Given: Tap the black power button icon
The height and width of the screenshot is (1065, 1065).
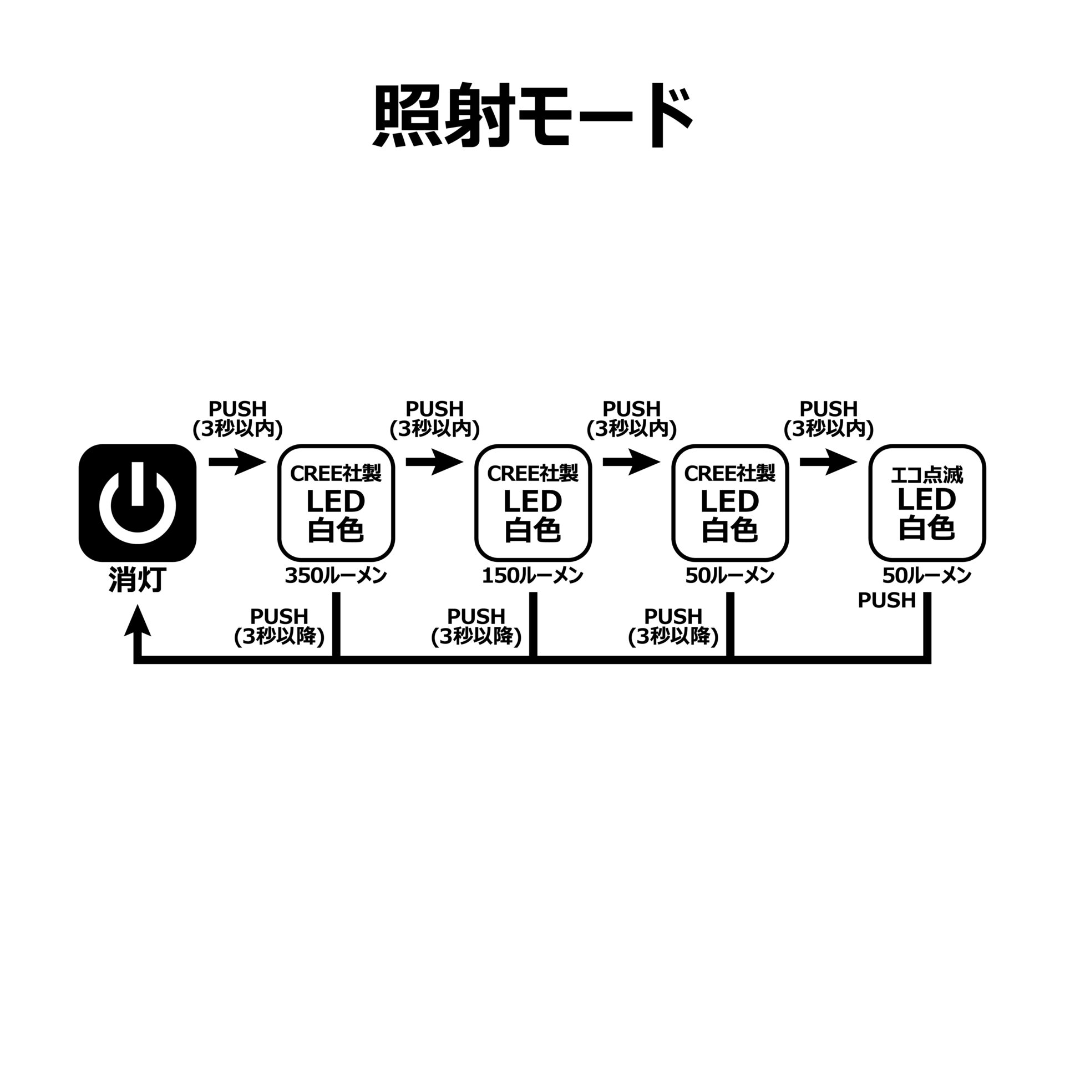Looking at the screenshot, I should pyautogui.click(x=138, y=503).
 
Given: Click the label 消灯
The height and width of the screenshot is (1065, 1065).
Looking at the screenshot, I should pyautogui.click(x=137, y=580).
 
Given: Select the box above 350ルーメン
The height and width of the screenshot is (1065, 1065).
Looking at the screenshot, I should pyautogui.click(x=336, y=503).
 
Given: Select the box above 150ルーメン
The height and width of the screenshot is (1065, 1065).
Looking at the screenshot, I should pyautogui.click(x=532, y=503).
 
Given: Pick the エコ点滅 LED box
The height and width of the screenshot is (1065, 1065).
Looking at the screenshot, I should pyautogui.click(x=926, y=503).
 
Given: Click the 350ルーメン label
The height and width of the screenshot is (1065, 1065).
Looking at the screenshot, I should pyautogui.click(x=336, y=576).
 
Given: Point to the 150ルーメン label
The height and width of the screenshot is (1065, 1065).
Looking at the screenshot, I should pyautogui.click(x=532, y=576).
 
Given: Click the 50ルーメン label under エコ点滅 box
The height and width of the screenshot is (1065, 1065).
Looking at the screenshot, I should pyautogui.click(x=926, y=576).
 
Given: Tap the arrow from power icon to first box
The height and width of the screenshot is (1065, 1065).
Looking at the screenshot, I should pyautogui.click(x=237, y=462).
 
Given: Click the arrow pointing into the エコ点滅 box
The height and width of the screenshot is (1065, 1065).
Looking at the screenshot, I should pyautogui.click(x=828, y=462).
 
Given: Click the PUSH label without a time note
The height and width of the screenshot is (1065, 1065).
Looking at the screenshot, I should pyautogui.click(x=886, y=600).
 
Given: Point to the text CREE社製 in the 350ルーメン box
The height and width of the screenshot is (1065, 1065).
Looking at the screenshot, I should pyautogui.click(x=336, y=473).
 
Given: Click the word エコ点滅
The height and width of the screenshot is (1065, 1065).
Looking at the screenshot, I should pyautogui.click(x=926, y=475).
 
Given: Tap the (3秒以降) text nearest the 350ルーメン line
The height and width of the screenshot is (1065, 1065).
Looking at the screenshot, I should pyautogui.click(x=279, y=637).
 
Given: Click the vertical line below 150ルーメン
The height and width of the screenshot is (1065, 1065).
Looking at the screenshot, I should pyautogui.click(x=533, y=624).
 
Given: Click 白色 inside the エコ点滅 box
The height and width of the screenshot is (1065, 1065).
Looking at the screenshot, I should pyautogui.click(x=926, y=528).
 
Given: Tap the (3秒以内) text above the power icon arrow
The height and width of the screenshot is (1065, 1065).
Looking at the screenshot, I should pyautogui.click(x=237, y=429).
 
